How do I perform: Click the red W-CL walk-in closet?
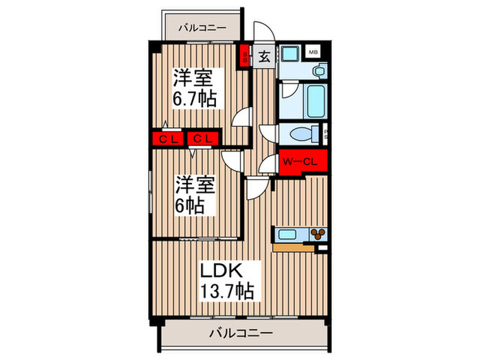point(302,163)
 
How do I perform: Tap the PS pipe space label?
point(325,134)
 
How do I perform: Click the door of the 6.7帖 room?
point(241,118)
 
